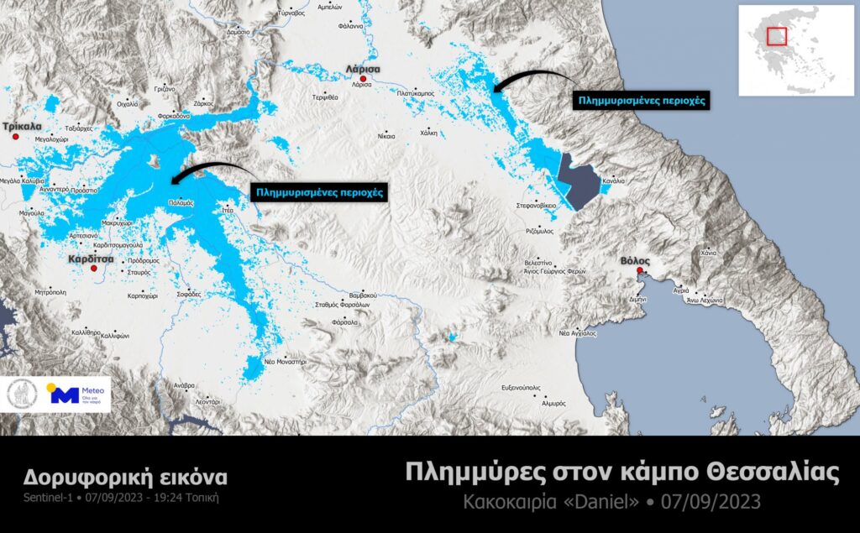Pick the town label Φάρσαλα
point(345,321)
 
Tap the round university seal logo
point(22,395)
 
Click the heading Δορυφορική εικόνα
point(123,478)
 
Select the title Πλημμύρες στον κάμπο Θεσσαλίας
point(621,473)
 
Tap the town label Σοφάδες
point(189,295)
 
